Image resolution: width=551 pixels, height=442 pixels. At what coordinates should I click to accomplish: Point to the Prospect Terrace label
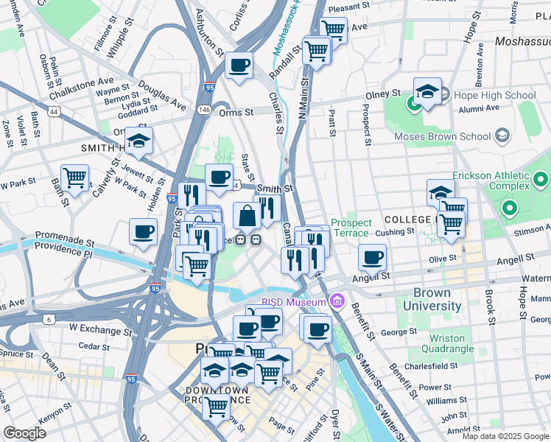click(351, 228)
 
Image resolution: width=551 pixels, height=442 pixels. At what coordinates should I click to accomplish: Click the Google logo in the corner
click(24, 432)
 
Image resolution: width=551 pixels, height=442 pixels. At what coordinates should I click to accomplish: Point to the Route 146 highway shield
click(205, 110)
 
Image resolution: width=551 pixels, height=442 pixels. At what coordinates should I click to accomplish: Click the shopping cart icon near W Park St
click(75, 177)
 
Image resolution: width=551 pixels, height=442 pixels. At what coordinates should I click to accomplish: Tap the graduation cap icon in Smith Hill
click(138, 140)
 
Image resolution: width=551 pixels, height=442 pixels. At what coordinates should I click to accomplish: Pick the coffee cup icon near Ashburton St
click(239, 65)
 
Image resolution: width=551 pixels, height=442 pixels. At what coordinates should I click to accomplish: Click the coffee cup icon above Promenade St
click(143, 231)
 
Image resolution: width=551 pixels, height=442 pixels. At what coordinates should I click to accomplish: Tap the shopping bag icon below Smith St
click(247, 216)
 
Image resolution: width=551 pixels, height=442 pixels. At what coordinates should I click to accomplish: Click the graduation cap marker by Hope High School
click(427, 91)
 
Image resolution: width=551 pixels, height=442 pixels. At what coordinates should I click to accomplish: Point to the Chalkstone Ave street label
click(81, 87)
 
